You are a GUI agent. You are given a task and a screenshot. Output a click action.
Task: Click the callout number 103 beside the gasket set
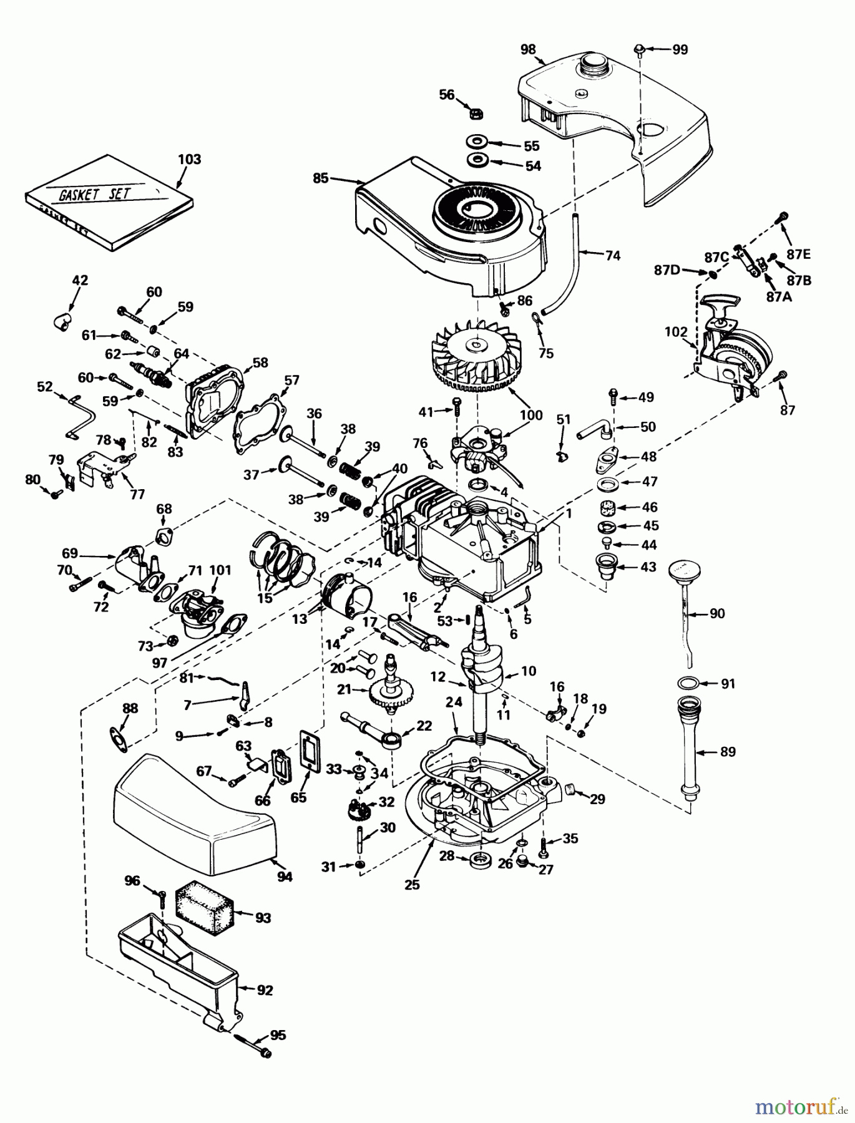(189, 159)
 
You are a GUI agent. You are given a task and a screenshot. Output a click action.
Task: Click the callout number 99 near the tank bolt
(680, 50)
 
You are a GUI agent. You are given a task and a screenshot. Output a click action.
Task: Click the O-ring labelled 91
(687, 683)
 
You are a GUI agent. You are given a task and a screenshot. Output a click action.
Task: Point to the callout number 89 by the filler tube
(728, 752)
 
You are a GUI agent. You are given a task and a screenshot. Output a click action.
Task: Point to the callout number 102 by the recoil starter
(676, 332)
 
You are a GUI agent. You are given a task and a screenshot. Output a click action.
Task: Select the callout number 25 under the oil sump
(412, 884)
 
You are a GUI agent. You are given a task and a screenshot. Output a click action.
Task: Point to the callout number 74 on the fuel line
(613, 255)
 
